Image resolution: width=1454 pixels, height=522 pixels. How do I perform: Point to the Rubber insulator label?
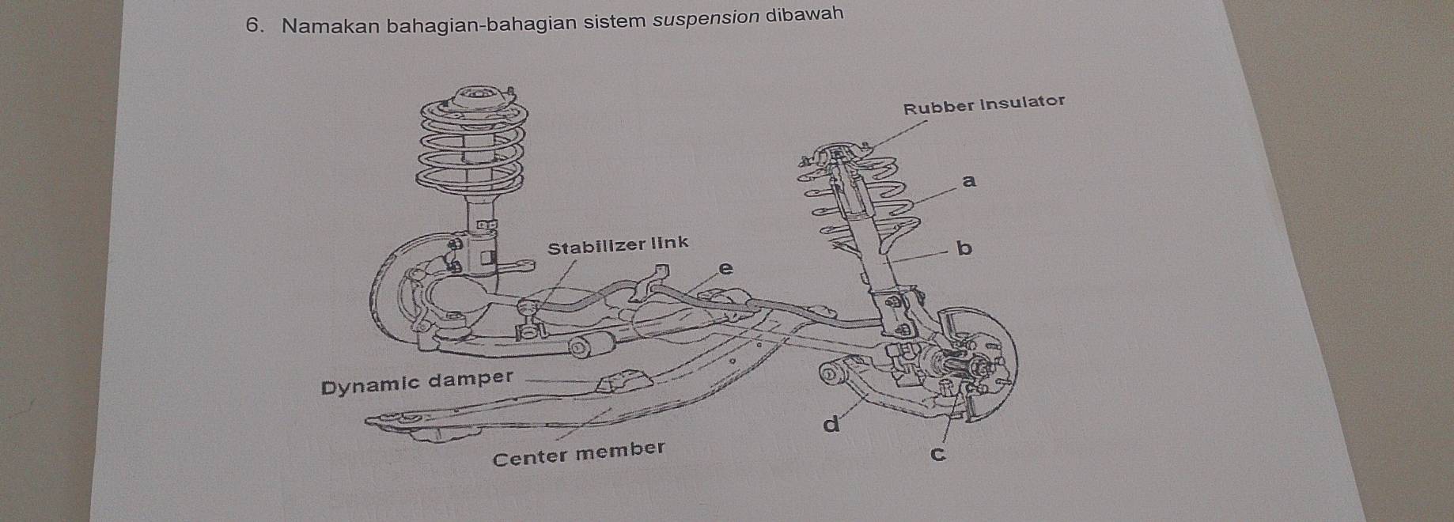click(x=984, y=104)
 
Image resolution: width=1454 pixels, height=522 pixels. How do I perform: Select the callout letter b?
click(x=964, y=248)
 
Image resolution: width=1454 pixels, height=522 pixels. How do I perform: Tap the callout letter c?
click(x=938, y=455)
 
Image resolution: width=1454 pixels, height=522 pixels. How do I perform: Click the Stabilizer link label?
click(x=618, y=244)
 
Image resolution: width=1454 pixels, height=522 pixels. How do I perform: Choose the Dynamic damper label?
click(x=418, y=382)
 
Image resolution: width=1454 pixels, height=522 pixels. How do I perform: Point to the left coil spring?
click(x=473, y=150)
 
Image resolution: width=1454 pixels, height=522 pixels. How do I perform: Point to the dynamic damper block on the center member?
click(x=618, y=384)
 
